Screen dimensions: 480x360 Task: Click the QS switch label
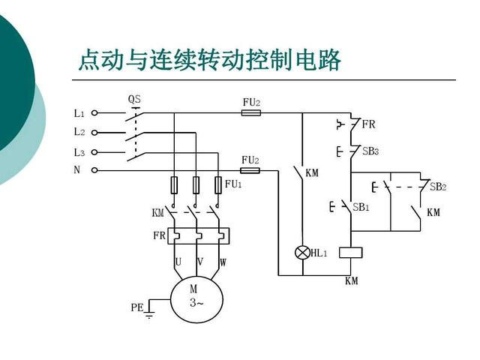coord(134,99)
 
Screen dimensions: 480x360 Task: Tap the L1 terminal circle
coord(94,113)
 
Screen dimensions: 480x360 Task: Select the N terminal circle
coord(94,170)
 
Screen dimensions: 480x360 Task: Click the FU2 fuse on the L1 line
coord(251,113)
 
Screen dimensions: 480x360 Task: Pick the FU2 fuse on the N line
coord(250,170)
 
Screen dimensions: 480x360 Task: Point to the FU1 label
coord(233,184)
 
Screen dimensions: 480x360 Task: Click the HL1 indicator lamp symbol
coord(302,253)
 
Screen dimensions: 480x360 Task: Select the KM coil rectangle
coord(351,253)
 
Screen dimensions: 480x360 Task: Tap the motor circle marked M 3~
coord(196,299)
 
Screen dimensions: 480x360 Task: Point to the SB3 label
coord(370,151)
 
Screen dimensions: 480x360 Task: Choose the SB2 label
coord(438,187)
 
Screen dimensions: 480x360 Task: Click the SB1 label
coord(361,207)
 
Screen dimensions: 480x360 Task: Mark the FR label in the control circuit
coord(368,124)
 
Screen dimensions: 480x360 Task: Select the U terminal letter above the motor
coord(178,262)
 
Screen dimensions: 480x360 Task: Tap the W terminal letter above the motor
coord(223,262)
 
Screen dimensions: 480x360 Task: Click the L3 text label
coord(79,152)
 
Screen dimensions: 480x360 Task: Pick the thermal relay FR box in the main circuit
coord(198,235)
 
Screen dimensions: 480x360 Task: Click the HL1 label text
coord(319,253)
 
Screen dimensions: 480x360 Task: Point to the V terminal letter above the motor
coord(200,262)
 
